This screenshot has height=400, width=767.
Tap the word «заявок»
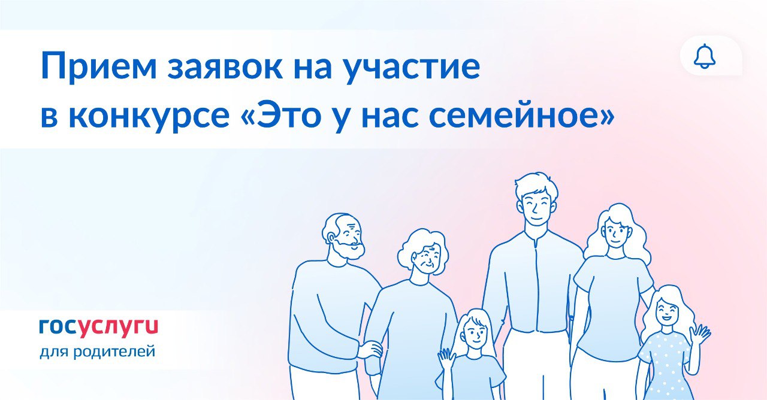[225, 67]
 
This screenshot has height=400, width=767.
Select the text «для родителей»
[98, 351]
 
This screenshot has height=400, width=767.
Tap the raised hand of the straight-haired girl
[446, 359]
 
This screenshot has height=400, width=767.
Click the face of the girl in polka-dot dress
[666, 315]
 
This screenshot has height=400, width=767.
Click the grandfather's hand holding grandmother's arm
[370, 350]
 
